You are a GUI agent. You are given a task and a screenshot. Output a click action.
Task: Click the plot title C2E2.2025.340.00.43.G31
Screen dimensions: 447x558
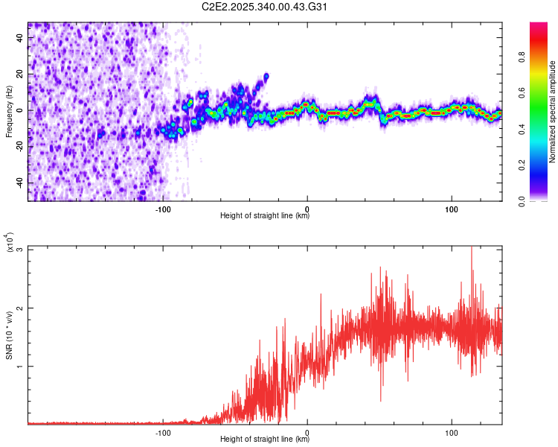[x=264, y=7]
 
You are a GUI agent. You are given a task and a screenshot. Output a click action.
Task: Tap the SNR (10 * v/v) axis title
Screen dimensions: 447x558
[x=10, y=335]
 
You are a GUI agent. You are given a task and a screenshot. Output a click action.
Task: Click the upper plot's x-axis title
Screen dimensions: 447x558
[x=265, y=216]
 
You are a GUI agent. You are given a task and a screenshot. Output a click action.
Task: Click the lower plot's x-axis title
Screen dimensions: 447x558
[x=265, y=439]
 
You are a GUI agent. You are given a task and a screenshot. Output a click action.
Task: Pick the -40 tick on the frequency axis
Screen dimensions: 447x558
[x=18, y=183]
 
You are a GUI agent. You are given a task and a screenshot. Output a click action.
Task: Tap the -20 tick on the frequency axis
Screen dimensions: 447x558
[x=18, y=147]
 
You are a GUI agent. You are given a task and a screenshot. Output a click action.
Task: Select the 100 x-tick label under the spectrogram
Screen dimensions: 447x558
[x=452, y=209]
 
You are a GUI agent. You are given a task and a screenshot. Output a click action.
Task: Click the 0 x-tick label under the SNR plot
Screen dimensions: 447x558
[x=307, y=431]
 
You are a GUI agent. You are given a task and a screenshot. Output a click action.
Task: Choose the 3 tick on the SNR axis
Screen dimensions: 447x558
[x=20, y=250]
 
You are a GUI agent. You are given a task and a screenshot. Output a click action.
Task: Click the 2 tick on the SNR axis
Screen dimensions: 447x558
[x=20, y=308]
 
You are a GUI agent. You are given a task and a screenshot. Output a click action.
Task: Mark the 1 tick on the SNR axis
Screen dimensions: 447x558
[x=20, y=366]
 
